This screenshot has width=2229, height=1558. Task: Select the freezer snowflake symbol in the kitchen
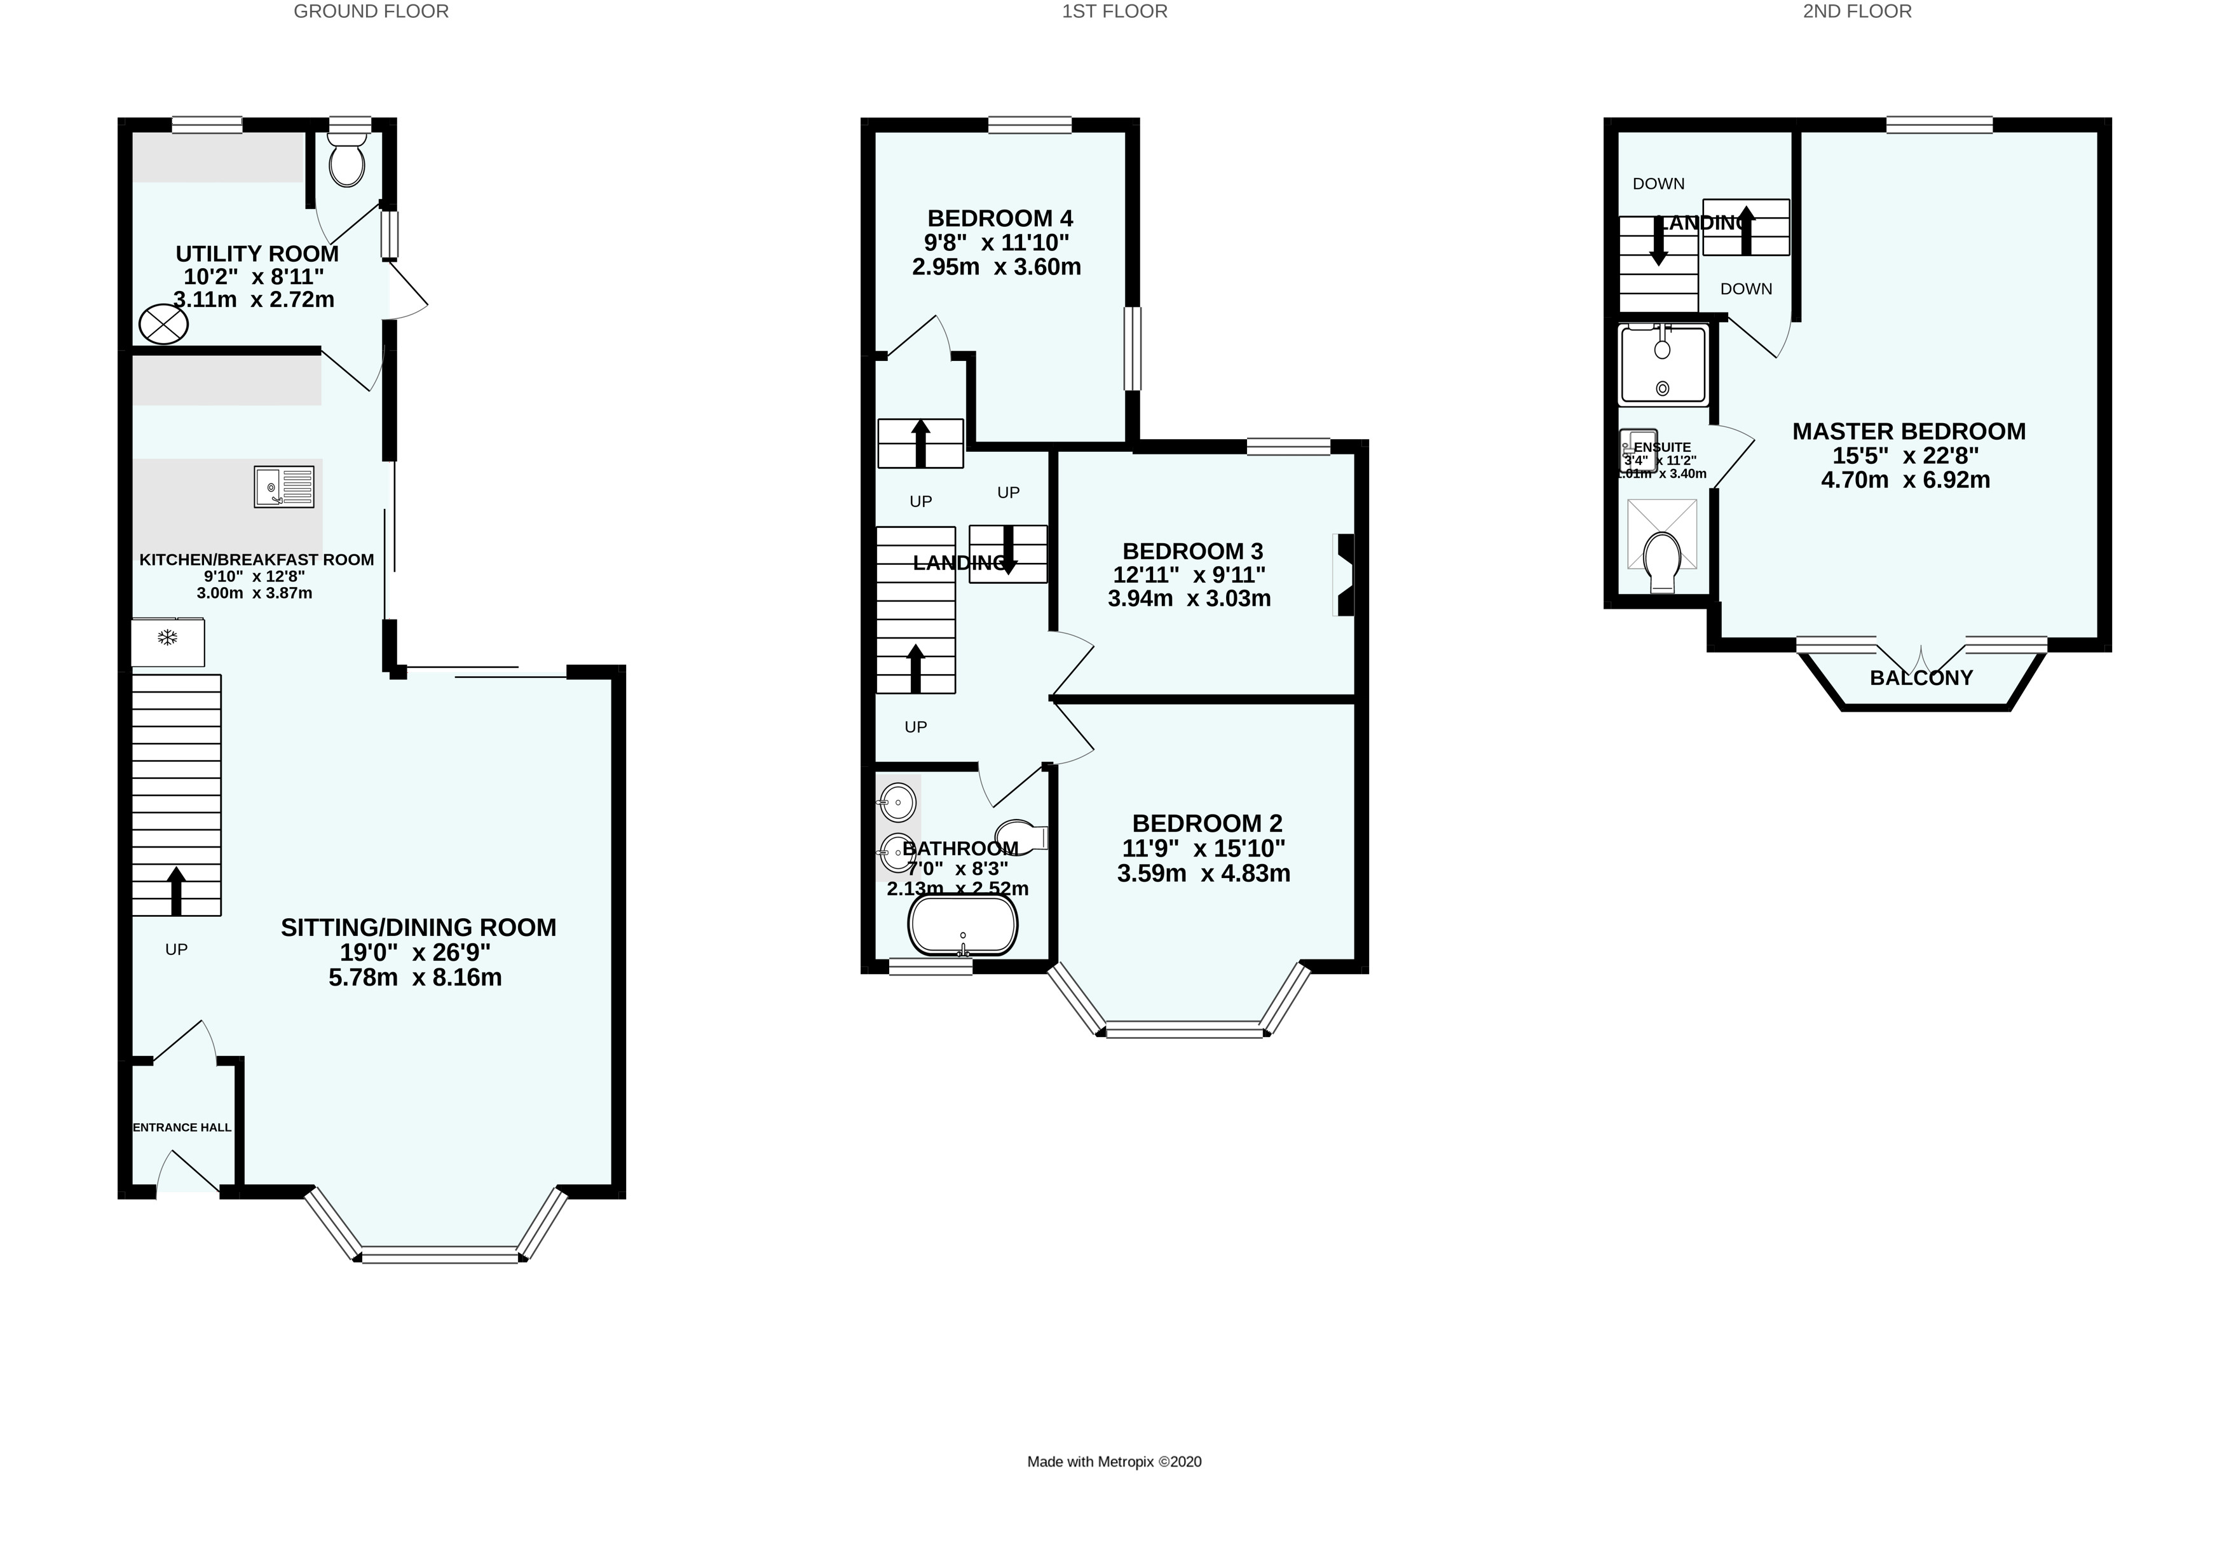tap(167, 638)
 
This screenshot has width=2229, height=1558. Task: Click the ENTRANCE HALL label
tap(182, 1127)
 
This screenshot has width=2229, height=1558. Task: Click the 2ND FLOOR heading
tap(1857, 11)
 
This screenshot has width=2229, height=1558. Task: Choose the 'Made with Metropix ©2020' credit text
tap(1115, 1462)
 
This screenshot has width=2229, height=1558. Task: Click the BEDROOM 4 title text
tap(1000, 219)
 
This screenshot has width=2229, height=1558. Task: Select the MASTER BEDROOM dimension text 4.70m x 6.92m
tap(1905, 480)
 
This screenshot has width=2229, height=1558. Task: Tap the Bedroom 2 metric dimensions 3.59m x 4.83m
tap(1204, 874)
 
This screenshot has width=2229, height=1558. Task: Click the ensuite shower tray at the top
tap(1662, 365)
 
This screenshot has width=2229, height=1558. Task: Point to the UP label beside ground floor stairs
tap(175, 949)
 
